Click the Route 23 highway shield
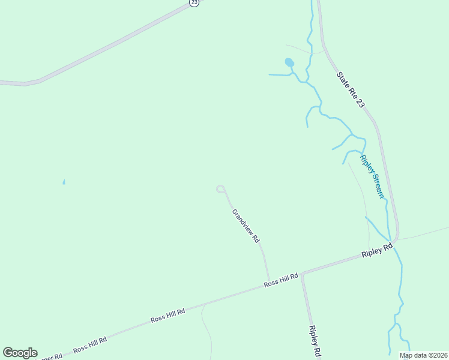tap(193, 2)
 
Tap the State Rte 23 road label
tap(351, 91)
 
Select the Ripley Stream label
tap(372, 176)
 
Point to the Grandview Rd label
tap(246, 226)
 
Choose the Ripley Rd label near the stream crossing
tap(377, 250)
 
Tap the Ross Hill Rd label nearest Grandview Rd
tap(281, 280)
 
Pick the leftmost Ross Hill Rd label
tap(90, 344)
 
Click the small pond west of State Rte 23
tap(289, 62)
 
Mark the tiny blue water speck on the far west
tap(64, 182)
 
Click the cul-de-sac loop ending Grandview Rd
tap(220, 189)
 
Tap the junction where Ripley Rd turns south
tap(303, 274)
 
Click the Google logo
tap(20, 352)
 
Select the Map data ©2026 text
tap(423, 355)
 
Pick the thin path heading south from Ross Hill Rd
tap(205, 324)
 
